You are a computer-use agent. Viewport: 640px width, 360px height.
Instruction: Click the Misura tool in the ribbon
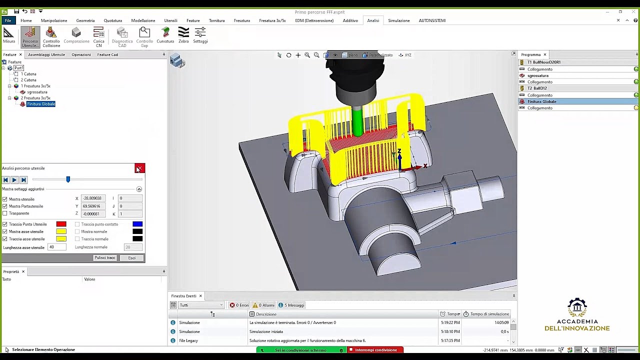[8, 35]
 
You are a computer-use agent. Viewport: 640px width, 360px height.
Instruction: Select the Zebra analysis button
[183, 35]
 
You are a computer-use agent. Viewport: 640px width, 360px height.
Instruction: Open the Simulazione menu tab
[398, 20]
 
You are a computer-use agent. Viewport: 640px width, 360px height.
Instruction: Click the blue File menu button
[8, 20]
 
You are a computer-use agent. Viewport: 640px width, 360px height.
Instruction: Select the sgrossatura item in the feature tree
[37, 92]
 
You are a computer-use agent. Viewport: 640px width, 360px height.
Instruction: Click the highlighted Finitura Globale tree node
[40, 104]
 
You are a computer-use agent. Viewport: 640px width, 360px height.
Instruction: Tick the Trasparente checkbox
[5, 213]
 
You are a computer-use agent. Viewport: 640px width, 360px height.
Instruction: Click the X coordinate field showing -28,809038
[93, 198]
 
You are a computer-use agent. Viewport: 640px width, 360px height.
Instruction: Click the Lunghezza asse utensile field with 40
[56, 247]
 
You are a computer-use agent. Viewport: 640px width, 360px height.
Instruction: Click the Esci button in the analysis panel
[131, 258]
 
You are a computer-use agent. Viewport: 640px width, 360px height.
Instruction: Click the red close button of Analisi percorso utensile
[139, 168]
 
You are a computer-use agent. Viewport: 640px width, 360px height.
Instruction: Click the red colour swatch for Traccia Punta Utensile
[61, 224]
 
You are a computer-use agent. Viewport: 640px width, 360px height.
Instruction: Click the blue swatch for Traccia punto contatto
[137, 224]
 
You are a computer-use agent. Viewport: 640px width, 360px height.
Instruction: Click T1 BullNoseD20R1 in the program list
[543, 62]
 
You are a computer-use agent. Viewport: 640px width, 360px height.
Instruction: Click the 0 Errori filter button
[239, 305]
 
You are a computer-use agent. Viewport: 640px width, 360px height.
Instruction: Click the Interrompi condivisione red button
[375, 350]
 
